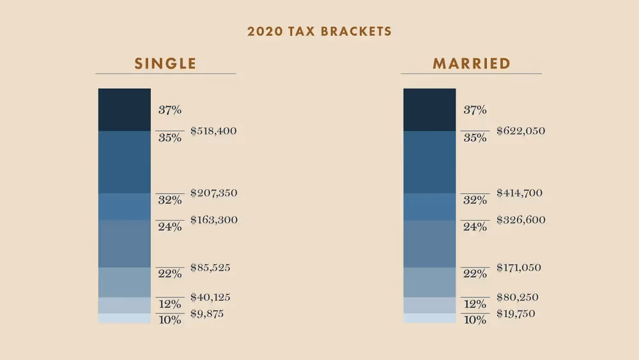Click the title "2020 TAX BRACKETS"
[319, 31]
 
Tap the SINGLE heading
[165, 63]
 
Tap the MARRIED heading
[471, 63]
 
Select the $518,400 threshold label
[213, 131]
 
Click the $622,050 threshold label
[520, 131]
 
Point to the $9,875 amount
[208, 314]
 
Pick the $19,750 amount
[516, 314]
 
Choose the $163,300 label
[213, 220]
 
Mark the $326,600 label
[520, 220]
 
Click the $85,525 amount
[210, 268]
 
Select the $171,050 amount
[519, 268]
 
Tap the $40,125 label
[210, 297]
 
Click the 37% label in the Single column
[170, 110]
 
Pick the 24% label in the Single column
[170, 227]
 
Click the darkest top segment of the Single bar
[124, 110]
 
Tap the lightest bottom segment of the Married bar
[429, 318]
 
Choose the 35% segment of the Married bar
[429, 162]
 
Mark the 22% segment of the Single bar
[124, 282]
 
